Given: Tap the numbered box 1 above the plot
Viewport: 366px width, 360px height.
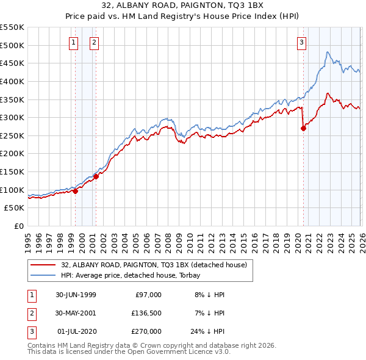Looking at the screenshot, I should (74, 42).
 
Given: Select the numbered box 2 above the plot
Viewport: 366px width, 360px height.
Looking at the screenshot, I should (95, 42).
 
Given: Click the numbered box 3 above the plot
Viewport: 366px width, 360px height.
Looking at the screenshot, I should (301, 42).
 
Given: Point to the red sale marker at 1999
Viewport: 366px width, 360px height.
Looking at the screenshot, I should (76, 191).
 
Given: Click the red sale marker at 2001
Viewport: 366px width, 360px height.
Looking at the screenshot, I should (96, 177).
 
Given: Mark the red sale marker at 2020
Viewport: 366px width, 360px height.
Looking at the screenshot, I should (303, 128).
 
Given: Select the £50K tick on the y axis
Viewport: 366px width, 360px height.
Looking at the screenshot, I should (15, 208).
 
